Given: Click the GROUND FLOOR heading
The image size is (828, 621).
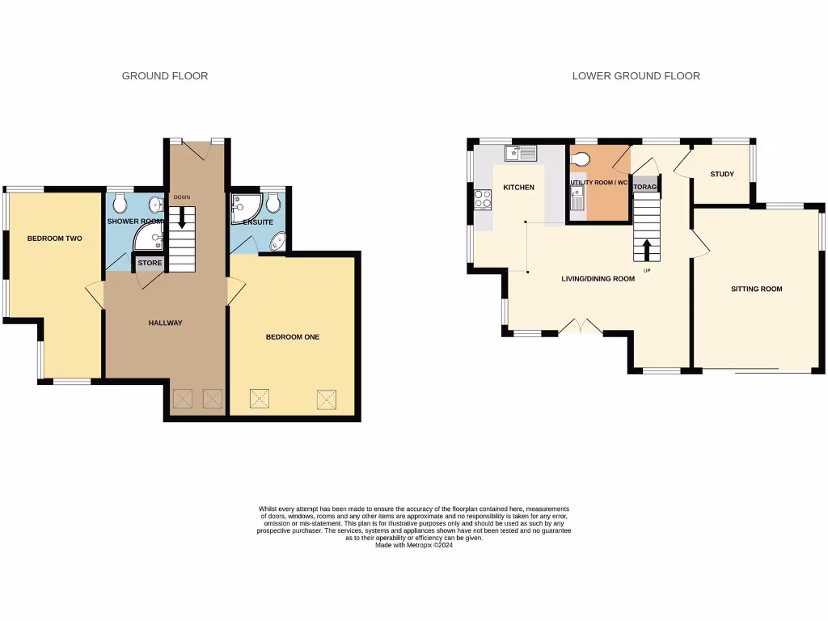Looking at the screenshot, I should click(x=165, y=76).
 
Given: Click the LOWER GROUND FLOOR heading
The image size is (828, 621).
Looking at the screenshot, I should click(x=636, y=76).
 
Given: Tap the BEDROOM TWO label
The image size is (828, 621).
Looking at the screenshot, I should click(x=55, y=239).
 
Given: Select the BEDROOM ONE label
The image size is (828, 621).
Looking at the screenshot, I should click(x=293, y=337).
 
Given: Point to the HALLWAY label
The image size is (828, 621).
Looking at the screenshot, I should click(x=165, y=323).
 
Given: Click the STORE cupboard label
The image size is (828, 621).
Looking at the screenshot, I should click(x=150, y=264).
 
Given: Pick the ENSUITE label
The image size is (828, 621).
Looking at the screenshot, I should click(x=258, y=222).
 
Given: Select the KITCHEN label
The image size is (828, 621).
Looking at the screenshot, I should click(x=518, y=188).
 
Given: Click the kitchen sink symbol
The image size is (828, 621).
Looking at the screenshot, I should click(x=521, y=152).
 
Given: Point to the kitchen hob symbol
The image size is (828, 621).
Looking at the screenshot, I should click(x=483, y=198).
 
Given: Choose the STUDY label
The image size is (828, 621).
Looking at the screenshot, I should click(x=722, y=175).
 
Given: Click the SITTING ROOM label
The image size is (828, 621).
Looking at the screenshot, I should click(x=756, y=289).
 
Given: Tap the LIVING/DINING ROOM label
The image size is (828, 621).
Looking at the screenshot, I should click(x=598, y=279).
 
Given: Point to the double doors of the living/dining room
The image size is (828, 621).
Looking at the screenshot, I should click(x=581, y=327).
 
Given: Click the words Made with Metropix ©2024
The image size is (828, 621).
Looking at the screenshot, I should click(x=413, y=546).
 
